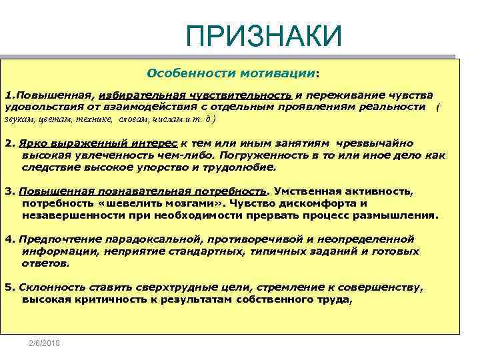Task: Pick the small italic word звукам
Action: (18, 120)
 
